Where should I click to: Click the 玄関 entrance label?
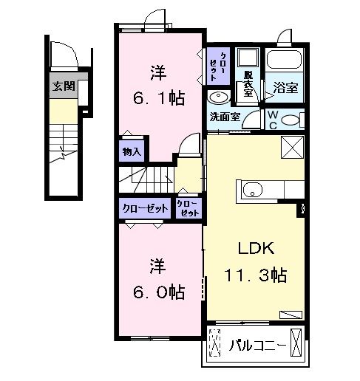[x=64, y=86]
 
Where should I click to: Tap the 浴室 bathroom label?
[x=285, y=88]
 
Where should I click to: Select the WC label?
[x=273, y=120]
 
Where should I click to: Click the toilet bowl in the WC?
[x=291, y=120]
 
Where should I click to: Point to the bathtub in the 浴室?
[x=284, y=61]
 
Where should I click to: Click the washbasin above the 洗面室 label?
[x=219, y=97]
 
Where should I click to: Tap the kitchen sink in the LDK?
[x=252, y=190]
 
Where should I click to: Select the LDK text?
[x=256, y=248]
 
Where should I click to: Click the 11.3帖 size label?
[x=256, y=275]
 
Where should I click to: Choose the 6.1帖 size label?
[x=159, y=98]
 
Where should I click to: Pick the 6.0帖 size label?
[x=159, y=292]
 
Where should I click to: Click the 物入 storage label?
[x=132, y=151]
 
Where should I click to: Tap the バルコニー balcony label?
[x=258, y=346]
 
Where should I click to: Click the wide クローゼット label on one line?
[x=146, y=208]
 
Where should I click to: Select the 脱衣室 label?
[x=248, y=83]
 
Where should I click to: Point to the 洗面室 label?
[x=225, y=117]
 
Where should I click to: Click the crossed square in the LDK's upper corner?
[x=293, y=147]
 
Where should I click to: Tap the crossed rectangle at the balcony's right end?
[x=296, y=343]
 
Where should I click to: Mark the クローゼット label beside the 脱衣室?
[x=218, y=66]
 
